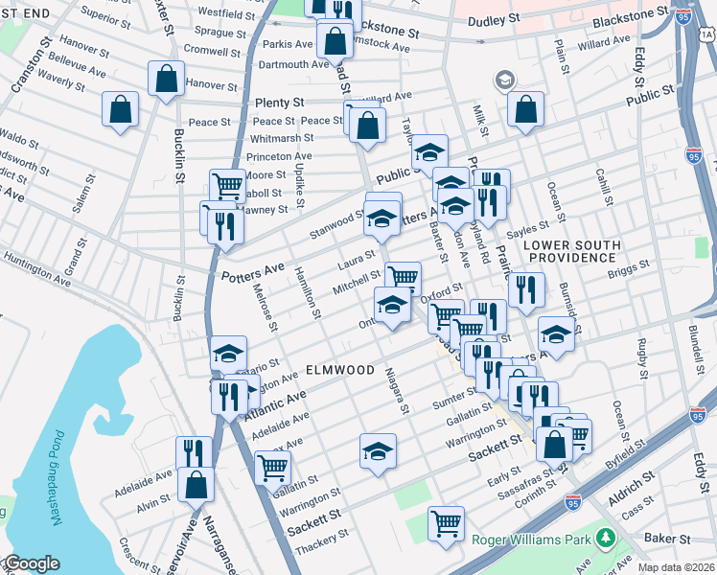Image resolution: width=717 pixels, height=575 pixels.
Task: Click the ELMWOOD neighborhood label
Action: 340,370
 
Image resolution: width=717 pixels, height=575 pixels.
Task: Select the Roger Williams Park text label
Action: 532,540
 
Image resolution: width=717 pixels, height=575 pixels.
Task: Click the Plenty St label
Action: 279,103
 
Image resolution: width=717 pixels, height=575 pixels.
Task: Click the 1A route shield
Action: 706,35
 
